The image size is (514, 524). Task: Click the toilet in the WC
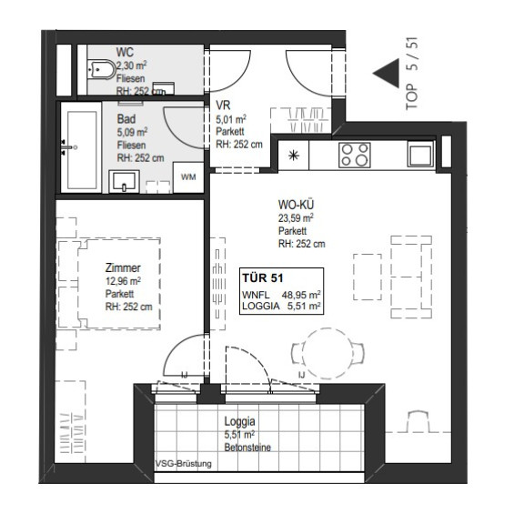pyautogui.click(x=101, y=70)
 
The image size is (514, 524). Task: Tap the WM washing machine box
pyautogui.click(x=188, y=177)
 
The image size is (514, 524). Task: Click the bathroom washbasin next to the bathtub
pyautogui.click(x=124, y=181)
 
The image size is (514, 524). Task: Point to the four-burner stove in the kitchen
pyautogui.click(x=355, y=155)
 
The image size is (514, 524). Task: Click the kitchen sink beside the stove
pyautogui.click(x=420, y=154)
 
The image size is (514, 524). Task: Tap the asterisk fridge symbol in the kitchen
pyautogui.click(x=294, y=156)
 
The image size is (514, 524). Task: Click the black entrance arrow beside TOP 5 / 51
pyautogui.click(x=387, y=73)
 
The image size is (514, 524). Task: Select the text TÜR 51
pyautogui.click(x=263, y=277)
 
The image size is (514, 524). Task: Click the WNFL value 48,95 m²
pyautogui.click(x=301, y=295)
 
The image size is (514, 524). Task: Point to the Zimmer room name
pyautogui.click(x=123, y=267)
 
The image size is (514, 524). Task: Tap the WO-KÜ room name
pyautogui.click(x=296, y=205)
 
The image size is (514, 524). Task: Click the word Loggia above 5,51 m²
pyautogui.click(x=239, y=422)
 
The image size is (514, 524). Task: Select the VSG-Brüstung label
pyautogui.click(x=184, y=464)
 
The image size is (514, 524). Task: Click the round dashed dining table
pyautogui.click(x=328, y=354)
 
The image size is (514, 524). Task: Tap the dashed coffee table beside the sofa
pyautogui.click(x=368, y=277)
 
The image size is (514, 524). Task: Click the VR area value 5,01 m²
pyautogui.click(x=231, y=119)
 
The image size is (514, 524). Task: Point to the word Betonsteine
pyautogui.click(x=247, y=448)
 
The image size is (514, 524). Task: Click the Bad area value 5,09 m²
pyautogui.click(x=132, y=132)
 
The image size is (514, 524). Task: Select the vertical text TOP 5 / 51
pyautogui.click(x=412, y=73)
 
